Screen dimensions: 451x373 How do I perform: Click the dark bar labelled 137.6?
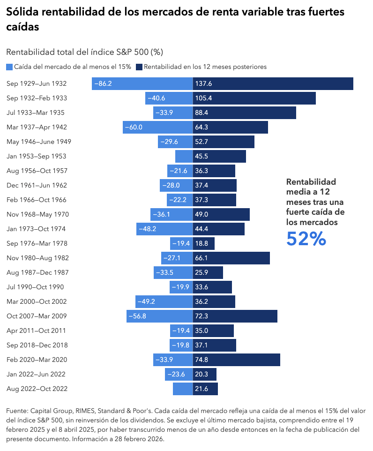pos(273,83)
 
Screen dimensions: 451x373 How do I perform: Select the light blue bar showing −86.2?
pos(142,83)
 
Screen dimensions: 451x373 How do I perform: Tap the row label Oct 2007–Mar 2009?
pos(37,316)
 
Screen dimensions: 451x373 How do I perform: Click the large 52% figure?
pos(306,239)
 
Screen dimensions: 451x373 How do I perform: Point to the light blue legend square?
pos(10,67)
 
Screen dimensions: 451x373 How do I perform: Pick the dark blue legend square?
pos(139,67)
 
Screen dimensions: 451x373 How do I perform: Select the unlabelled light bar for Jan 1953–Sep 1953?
pos(184,156)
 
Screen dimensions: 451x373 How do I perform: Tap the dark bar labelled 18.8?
pos(204,243)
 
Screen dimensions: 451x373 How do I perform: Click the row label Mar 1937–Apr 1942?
pos(37,127)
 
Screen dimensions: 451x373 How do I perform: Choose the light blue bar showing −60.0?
pos(158,127)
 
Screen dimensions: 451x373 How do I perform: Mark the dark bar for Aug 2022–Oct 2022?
pos(205,389)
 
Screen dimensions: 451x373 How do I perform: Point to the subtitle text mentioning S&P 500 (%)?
pos(84,52)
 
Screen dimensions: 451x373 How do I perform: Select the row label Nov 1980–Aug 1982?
pos(37,258)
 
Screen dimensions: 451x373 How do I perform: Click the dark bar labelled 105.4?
pos(254,98)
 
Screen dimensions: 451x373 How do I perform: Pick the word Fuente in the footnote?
pos(17,411)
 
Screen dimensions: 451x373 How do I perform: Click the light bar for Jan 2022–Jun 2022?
pos(179,374)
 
